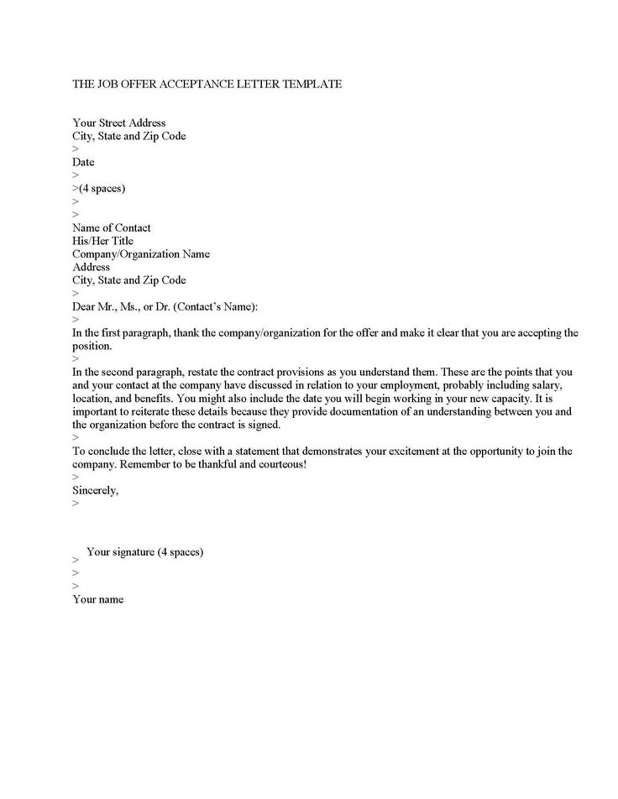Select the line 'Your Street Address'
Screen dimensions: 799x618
[118, 123]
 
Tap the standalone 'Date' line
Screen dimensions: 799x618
[83, 162]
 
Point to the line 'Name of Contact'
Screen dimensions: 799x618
[112, 227]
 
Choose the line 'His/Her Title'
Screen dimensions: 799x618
[102, 241]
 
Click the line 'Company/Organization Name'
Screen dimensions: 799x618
[141, 254]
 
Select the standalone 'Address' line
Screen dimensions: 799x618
[91, 267]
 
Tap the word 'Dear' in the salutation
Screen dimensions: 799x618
[86, 306]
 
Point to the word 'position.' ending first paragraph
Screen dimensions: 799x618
[92, 346]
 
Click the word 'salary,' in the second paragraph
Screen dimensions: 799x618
[554, 384]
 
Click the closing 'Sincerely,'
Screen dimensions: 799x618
[95, 490]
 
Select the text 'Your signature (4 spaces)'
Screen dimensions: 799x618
[145, 551]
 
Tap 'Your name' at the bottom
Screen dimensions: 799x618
[97, 599]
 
